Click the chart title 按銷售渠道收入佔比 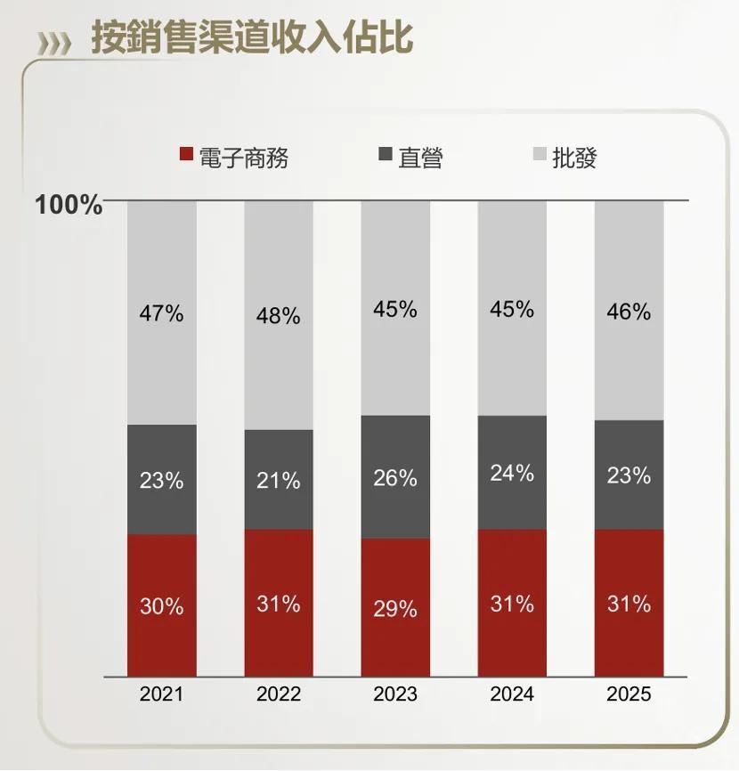252,39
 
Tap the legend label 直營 420,158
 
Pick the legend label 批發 574,158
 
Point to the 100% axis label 69,206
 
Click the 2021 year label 161,694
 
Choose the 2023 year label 395,694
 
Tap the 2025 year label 629,694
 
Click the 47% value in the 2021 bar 161,313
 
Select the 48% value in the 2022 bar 279,316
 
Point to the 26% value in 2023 395,478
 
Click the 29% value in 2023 395,609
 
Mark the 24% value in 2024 512,473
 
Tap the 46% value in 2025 629,312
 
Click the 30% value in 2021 161,606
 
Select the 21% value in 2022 279,481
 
